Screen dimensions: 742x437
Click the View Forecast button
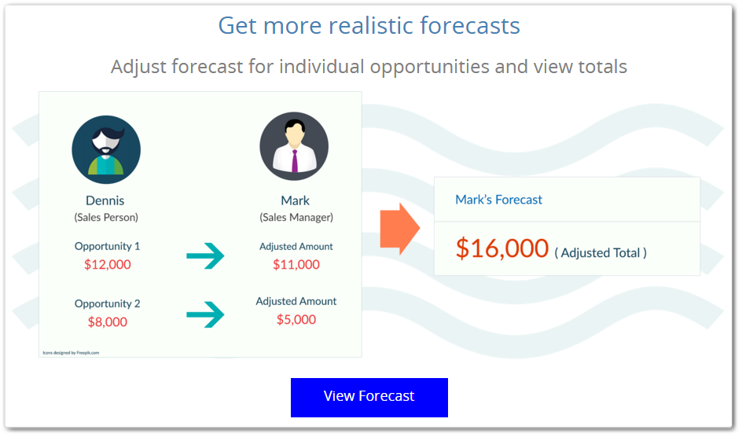[369, 397]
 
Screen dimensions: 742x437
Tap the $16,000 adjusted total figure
[501, 248]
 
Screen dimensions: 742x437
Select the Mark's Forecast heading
[499, 200]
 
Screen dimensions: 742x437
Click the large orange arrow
[400, 229]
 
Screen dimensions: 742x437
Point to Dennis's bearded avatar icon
[106, 149]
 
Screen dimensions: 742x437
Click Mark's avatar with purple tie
[294, 146]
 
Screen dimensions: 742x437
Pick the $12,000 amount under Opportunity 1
[108, 264]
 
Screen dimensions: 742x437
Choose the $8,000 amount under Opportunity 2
[108, 322]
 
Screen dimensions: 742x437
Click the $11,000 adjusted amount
[296, 264]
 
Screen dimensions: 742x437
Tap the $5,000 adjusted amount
[296, 319]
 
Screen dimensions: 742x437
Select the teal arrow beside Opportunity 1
[205, 256]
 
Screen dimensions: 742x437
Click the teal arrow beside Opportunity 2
[205, 314]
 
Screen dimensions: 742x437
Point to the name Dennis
[105, 200]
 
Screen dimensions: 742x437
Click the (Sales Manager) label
[296, 218]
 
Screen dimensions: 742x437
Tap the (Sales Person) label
[106, 218]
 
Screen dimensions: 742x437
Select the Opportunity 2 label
[108, 303]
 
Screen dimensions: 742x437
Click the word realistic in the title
[370, 25]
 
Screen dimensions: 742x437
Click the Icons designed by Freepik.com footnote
[71, 353]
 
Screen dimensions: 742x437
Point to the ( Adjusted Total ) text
[601, 253]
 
